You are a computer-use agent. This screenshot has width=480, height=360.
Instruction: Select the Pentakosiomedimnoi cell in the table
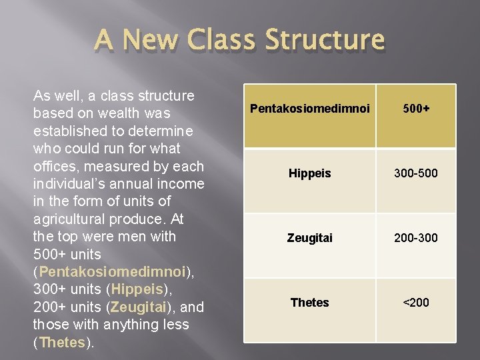click(x=309, y=107)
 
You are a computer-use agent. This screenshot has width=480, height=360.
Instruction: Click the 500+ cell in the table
click(x=416, y=107)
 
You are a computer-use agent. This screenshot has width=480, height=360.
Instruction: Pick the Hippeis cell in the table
click(x=309, y=173)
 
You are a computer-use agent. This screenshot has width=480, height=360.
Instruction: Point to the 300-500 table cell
click(x=416, y=173)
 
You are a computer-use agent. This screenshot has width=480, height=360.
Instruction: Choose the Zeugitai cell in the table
click(x=309, y=237)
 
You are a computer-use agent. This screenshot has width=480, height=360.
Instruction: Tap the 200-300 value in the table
click(x=416, y=237)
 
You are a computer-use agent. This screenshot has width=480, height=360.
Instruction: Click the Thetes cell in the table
click(x=309, y=303)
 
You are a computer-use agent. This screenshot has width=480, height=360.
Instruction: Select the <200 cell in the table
click(x=416, y=303)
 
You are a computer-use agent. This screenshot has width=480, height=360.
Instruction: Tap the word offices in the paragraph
click(x=55, y=166)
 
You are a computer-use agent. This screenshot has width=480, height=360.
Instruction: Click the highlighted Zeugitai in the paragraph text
click(x=139, y=307)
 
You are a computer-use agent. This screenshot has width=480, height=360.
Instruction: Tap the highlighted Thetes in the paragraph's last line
click(x=62, y=342)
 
